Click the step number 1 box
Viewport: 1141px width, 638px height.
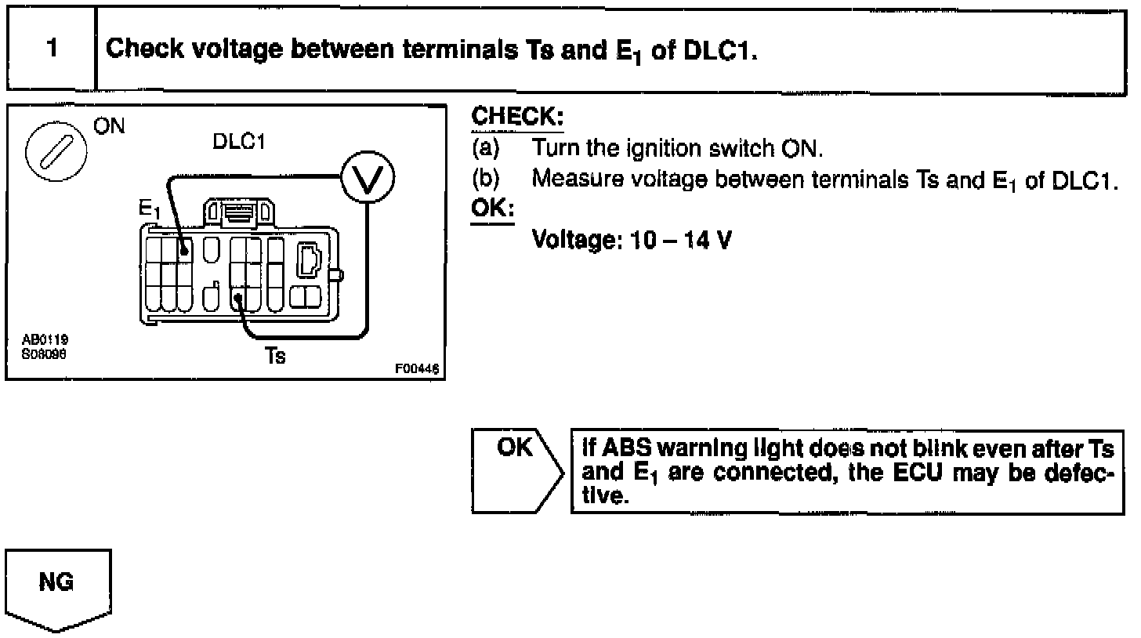51,49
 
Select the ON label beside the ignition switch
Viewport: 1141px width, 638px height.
109,126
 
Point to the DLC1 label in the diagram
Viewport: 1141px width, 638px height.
237,143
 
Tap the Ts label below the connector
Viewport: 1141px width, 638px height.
275,356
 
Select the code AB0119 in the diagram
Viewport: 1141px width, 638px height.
44,340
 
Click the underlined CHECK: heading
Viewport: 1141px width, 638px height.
516,118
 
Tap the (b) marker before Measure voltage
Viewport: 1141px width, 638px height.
485,179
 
